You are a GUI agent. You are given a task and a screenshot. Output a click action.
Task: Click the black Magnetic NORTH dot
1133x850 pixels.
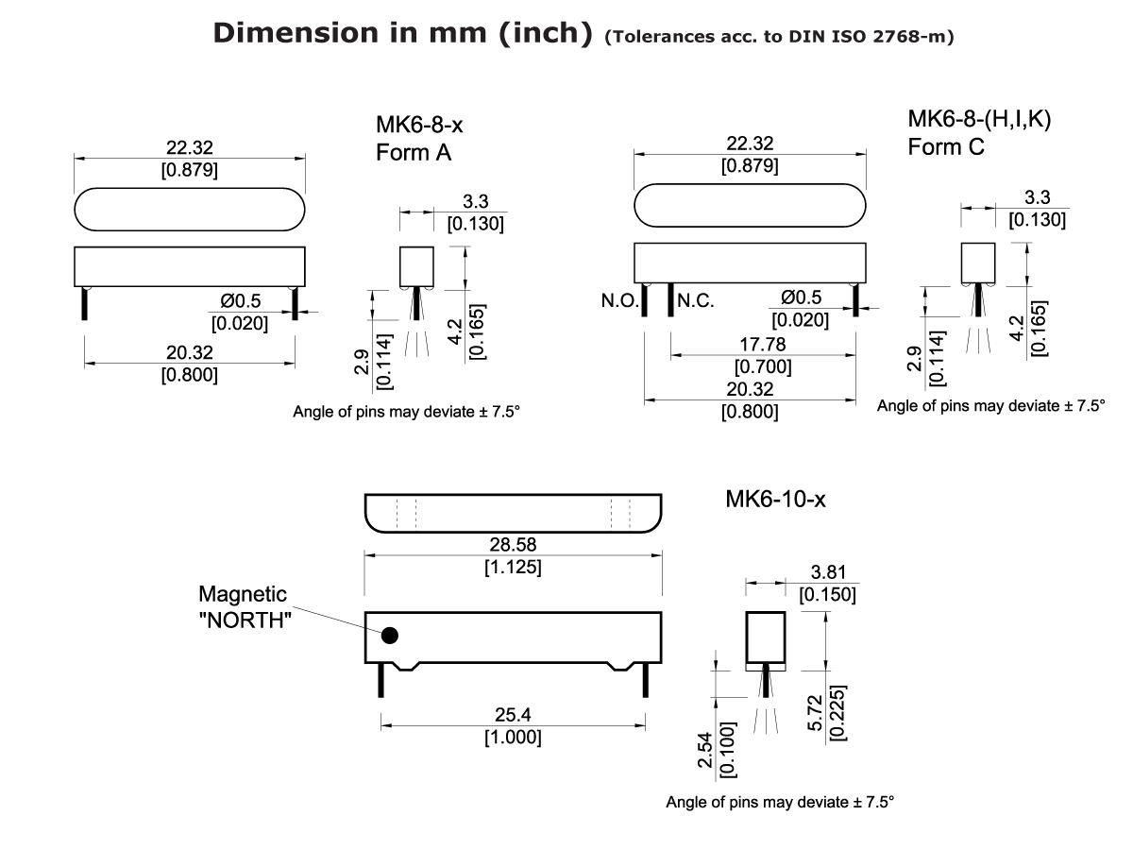click(x=390, y=636)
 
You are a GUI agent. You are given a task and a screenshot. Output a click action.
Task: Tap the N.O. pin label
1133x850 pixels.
click(x=619, y=302)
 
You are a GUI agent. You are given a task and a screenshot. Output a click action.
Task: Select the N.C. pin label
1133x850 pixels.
click(x=696, y=302)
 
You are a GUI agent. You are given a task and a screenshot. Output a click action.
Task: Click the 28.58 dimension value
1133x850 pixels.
click(x=513, y=547)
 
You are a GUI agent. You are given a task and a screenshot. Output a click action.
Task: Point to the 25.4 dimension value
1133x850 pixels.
click(x=513, y=717)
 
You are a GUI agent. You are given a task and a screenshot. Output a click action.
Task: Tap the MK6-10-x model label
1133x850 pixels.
click(x=775, y=500)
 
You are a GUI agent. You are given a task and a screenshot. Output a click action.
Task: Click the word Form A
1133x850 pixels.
click(x=414, y=154)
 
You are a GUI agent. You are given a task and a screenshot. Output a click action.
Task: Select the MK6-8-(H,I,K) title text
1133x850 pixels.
click(x=979, y=121)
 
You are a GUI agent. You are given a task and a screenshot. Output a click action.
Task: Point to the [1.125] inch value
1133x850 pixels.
click(x=513, y=568)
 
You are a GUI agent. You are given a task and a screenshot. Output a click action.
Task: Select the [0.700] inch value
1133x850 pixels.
click(x=763, y=366)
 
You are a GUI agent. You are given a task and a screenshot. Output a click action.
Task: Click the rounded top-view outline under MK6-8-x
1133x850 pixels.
click(x=190, y=209)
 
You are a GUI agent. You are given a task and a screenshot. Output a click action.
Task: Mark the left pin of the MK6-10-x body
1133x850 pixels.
click(x=381, y=680)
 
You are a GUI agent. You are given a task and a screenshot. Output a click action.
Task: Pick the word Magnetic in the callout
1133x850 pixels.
click(x=243, y=594)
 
